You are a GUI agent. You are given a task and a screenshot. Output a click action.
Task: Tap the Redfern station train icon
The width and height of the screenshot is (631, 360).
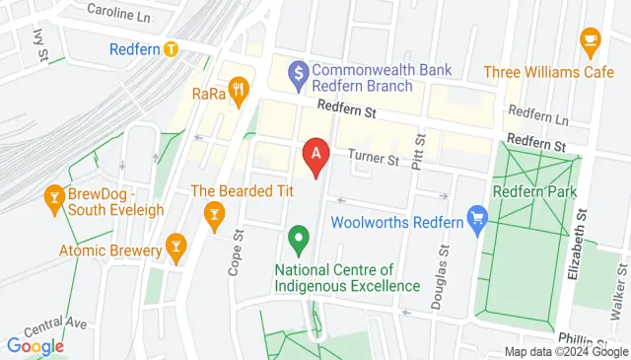(x=172, y=47)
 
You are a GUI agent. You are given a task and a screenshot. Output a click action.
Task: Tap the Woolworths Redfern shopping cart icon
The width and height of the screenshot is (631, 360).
(x=478, y=219)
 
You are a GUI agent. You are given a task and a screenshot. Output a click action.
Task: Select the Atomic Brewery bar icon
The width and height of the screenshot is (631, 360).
(x=175, y=243)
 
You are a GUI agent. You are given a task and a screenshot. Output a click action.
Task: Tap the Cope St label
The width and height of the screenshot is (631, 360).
(x=237, y=253)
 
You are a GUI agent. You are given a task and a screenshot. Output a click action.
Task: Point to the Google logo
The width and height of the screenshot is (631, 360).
(x=35, y=346)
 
